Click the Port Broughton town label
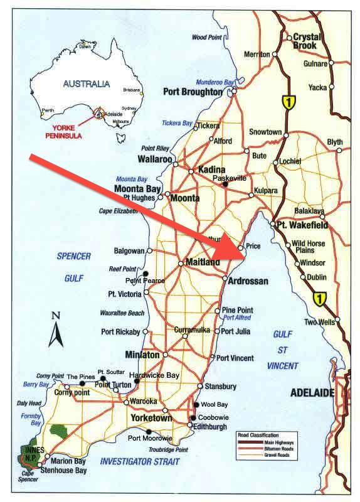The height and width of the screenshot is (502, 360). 193,92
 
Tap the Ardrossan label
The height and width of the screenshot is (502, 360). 248,280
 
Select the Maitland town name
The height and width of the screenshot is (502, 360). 203,262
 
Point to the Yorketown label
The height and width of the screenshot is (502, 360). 151,417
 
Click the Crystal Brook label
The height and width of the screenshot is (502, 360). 305,41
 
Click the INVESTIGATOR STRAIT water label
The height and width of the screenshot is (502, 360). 139,462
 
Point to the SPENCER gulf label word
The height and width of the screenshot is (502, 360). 74,257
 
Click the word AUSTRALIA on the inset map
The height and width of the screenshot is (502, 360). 87,83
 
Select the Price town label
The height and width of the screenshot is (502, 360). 253,247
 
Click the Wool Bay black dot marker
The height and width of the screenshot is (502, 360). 197,405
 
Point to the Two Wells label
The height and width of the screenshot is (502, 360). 318,323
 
